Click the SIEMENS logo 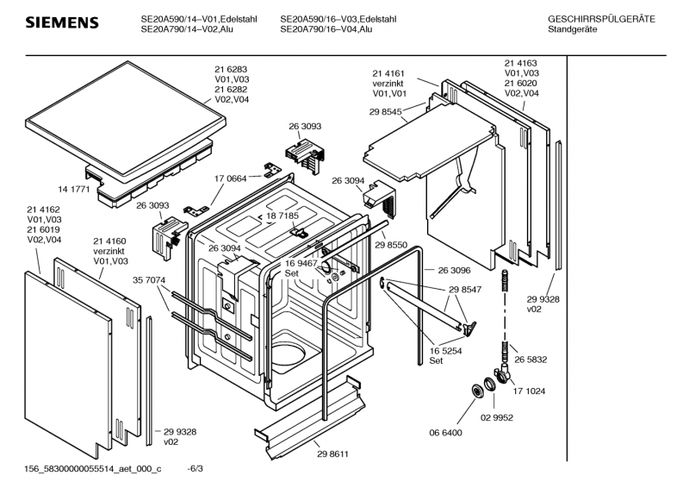tap(60, 22)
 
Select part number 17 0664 tap(230, 178)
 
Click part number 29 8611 tap(333, 454)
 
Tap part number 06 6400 tap(447, 432)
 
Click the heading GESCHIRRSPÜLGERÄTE tap(600, 19)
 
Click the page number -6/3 tap(196, 468)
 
